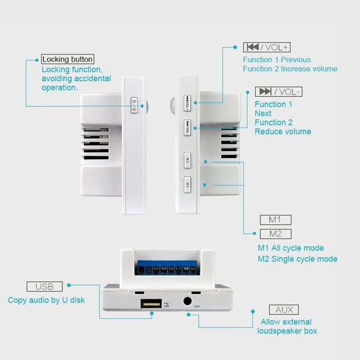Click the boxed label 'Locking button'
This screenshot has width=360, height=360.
pos(67,59)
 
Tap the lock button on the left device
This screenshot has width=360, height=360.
pos(134,105)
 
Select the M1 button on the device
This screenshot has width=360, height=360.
pos(187,160)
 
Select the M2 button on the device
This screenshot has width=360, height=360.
pos(187,184)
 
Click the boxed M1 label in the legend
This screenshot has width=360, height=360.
pos(276,220)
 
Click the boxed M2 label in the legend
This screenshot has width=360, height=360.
pos(276,234)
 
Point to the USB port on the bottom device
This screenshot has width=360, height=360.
pos(151,304)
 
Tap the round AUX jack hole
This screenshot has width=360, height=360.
pos(187,301)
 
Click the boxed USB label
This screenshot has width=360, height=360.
pos(45,286)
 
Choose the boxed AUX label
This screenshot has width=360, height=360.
pos(284,310)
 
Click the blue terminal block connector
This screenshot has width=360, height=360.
pos(167,268)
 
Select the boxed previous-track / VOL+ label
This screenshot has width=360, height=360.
pos(267,47)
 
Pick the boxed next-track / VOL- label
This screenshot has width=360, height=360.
pos(279,92)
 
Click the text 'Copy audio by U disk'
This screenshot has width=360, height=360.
pos(46,300)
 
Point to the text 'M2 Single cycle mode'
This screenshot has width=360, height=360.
pos(298,259)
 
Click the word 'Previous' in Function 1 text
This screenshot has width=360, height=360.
pos(296,60)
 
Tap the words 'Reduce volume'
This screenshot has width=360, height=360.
pos(283,132)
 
